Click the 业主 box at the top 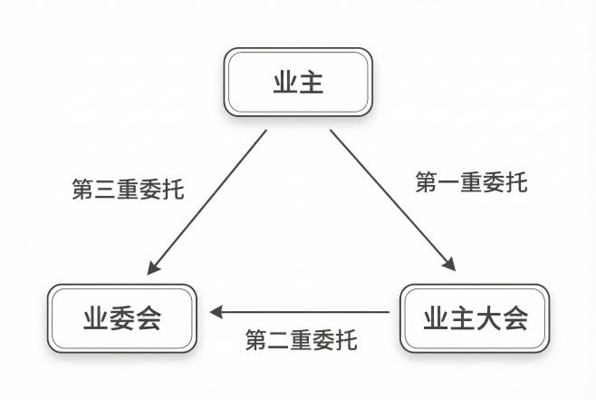(298, 83)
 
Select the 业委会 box (122, 318)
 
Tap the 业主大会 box (475, 318)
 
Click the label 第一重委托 (471, 182)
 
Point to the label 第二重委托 (302, 341)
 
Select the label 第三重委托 (128, 190)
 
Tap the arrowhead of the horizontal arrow (217, 312)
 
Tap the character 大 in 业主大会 (488, 318)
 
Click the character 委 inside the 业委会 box (122, 318)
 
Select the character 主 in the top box (312, 83)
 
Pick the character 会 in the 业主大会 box (514, 318)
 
